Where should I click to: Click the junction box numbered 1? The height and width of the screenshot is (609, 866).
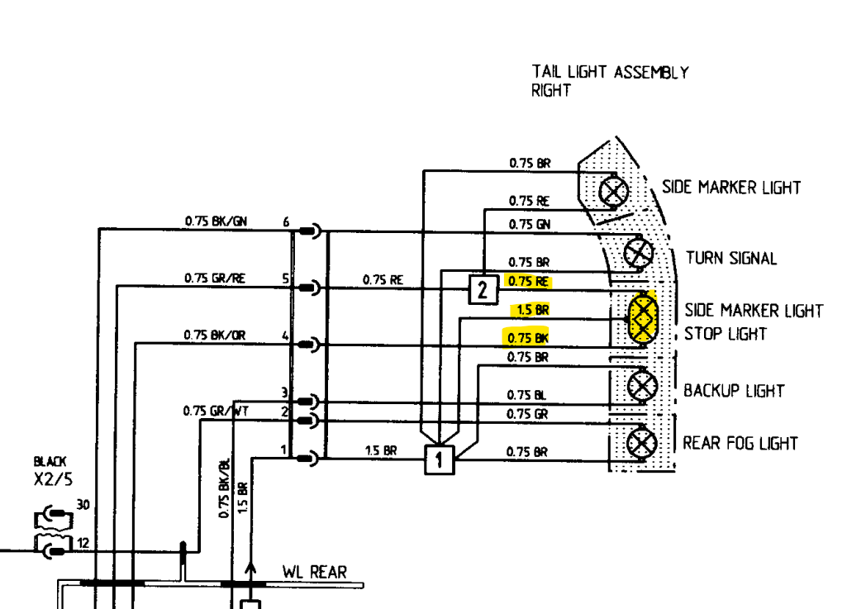point(439,459)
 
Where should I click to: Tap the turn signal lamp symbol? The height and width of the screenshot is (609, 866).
point(638,252)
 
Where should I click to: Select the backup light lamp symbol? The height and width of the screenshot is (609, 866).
point(642,385)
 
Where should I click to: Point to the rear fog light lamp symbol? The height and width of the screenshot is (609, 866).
point(642,444)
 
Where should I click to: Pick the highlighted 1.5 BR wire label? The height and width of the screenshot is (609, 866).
point(532,310)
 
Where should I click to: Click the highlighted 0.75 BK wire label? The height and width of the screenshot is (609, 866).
point(528,337)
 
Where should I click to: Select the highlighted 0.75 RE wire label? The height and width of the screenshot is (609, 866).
point(528,281)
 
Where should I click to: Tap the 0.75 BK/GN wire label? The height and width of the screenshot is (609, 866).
point(216,221)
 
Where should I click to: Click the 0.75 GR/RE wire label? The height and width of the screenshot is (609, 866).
point(215,278)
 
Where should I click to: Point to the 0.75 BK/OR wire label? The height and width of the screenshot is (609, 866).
point(215,335)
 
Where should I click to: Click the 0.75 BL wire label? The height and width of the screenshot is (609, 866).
point(527,395)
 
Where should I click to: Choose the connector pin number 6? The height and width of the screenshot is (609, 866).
point(286,221)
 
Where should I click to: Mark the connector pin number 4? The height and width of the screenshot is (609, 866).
point(285,336)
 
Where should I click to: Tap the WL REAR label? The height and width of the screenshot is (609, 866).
point(314,572)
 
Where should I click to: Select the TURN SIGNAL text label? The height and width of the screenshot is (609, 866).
point(730,258)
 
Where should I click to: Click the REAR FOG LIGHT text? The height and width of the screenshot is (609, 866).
point(740,444)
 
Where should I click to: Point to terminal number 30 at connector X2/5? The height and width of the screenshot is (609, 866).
point(83,504)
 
